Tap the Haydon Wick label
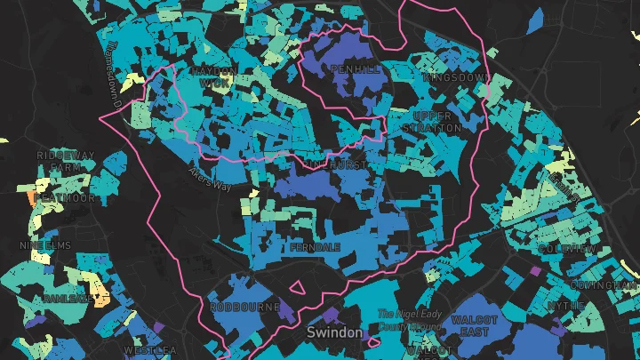pos(213,76)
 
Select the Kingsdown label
pos(456,78)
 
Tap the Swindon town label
pos(334,332)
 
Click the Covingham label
pos(606,285)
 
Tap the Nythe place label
pos(565,305)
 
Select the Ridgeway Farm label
pos(66,161)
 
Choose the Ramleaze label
pos(65,299)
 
